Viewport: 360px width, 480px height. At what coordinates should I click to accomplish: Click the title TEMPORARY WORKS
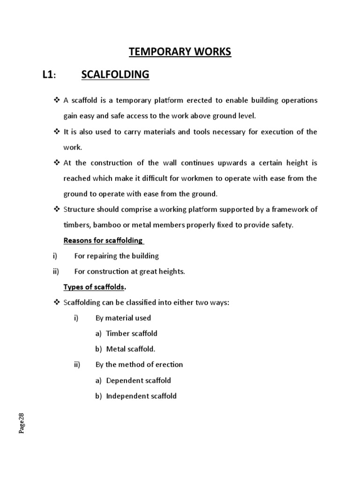pos(180,52)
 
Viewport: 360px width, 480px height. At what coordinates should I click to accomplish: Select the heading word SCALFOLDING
pos(115,74)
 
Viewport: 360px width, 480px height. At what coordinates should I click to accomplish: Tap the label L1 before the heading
pos(49,75)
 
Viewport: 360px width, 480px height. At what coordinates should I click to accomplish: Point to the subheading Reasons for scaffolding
pos(103,240)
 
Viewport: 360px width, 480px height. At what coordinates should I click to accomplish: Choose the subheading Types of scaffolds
pos(94,287)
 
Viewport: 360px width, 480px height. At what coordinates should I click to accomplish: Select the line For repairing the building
pos(117,256)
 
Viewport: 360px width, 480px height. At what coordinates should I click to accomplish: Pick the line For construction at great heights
pos(130,271)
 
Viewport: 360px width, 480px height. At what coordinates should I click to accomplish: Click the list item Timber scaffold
pos(132,334)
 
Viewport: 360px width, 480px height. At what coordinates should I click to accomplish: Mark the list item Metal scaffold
pos(131,349)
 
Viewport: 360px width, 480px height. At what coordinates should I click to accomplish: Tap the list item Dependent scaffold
pos(139,380)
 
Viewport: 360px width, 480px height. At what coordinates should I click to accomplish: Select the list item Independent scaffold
pos(142,396)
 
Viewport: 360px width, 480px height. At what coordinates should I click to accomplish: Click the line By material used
pos(123,318)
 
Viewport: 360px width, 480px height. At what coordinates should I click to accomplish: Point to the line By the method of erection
pos(139,365)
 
